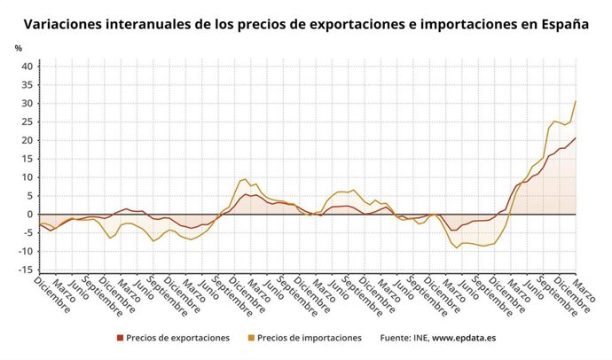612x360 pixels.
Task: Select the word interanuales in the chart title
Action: [x=156, y=25]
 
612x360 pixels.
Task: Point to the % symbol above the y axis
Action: [x=18, y=48]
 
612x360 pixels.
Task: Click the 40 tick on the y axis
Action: [x=27, y=67]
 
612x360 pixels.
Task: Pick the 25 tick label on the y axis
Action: [x=27, y=121]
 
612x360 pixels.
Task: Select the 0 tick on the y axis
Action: [x=29, y=215]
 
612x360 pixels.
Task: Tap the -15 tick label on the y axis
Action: [x=25, y=270]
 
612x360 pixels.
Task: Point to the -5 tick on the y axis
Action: [x=27, y=233]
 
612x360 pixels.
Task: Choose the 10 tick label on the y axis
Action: [x=27, y=177]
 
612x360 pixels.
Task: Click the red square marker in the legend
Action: [x=120, y=338]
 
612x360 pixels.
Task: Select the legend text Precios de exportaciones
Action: [x=177, y=338]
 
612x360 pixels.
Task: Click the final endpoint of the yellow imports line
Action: [x=576, y=101]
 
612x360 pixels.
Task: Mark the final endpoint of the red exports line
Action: [x=576, y=137]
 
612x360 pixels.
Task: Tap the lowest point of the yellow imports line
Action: [x=457, y=247]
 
